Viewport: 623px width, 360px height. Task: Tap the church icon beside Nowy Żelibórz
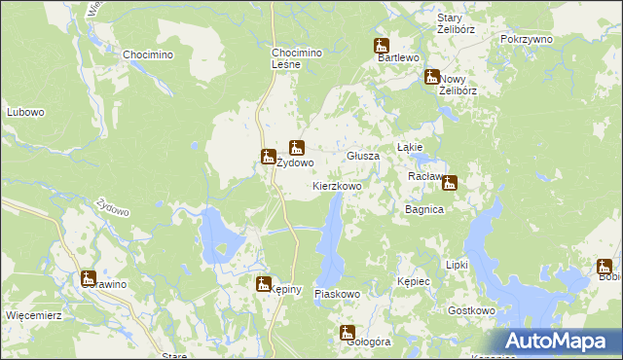[431, 76]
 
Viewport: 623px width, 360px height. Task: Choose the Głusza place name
[363, 156]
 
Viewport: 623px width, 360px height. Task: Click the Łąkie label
[409, 147]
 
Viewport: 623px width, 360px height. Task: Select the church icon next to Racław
[450, 181]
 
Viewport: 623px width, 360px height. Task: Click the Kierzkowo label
[337, 185]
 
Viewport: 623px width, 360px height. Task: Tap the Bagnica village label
[424, 209]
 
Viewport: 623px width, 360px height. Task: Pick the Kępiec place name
[414, 280]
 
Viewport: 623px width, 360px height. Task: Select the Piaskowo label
[338, 293]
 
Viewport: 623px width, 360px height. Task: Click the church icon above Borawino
[88, 277]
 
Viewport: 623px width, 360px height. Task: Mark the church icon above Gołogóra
[348, 333]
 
